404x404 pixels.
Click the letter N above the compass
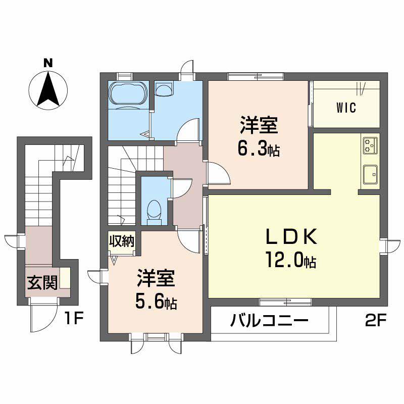[47, 63]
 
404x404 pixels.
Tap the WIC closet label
[346, 108]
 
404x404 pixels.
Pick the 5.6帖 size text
[156, 302]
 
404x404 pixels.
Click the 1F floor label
[75, 319]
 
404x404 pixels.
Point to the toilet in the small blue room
[153, 211]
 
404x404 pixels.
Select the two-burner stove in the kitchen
[370, 145]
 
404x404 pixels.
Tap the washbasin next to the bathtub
[164, 90]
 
